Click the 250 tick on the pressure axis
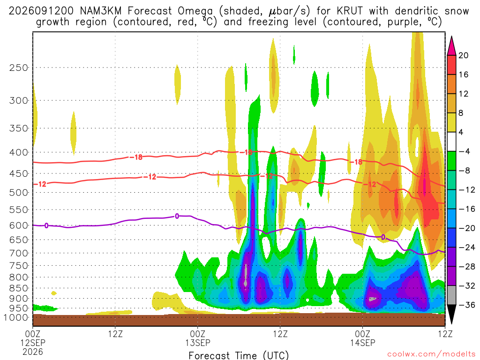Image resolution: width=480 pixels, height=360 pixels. coord(19,67)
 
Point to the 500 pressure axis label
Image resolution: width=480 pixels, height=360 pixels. coord(19,193)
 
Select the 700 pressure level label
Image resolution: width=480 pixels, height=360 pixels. coord(19,253)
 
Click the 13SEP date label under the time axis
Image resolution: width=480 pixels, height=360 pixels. coord(197,343)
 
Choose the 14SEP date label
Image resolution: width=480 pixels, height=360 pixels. coord(362,343)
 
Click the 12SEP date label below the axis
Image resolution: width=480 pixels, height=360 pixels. coord(33,343)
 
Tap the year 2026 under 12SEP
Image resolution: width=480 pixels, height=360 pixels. coord(33,352)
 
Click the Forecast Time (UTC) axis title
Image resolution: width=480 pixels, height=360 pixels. coord(239,355)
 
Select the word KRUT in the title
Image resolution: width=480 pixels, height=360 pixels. coord(350,11)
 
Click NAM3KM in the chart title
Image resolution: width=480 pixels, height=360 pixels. coord(101,11)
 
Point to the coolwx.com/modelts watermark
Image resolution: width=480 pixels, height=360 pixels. coord(431,354)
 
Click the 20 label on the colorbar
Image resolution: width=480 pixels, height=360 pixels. coord(464,55)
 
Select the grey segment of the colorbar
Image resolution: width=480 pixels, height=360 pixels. coord(451,295)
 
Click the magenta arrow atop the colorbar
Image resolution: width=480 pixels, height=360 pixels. coord(451,46)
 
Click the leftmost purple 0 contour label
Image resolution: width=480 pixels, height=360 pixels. coord(46,225)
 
